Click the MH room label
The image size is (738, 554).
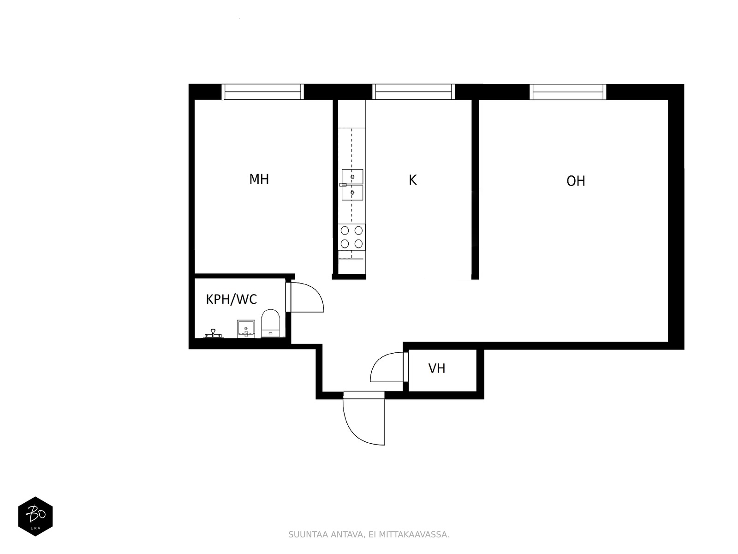(259, 179)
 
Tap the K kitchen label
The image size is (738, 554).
(412, 180)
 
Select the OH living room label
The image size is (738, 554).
(576, 181)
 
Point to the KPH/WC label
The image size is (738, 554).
(232, 299)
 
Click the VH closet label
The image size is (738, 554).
(437, 368)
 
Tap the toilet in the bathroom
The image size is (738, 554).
(270, 323)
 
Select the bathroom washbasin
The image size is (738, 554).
(246, 329)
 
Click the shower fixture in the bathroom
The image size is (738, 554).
(213, 333)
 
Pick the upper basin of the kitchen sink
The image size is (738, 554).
(352, 177)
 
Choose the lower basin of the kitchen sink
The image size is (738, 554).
(352, 193)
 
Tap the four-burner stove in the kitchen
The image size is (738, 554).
(351, 237)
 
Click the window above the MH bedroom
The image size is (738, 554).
(262, 92)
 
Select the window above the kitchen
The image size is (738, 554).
(413, 92)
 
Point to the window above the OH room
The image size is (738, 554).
(568, 92)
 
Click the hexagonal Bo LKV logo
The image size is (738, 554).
(36, 516)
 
